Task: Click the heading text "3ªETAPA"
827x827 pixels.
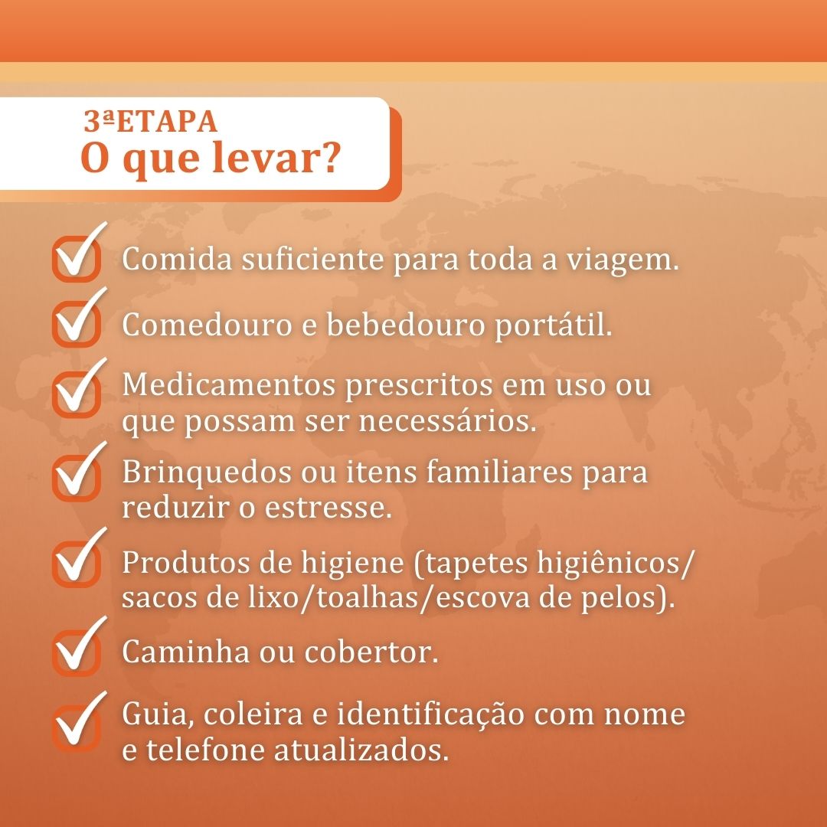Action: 150,121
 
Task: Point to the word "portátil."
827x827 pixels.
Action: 554,325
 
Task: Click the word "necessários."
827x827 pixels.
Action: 447,421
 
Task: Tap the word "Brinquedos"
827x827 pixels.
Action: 207,472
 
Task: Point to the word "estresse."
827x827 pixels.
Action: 329,508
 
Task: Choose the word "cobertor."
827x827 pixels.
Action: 371,652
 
